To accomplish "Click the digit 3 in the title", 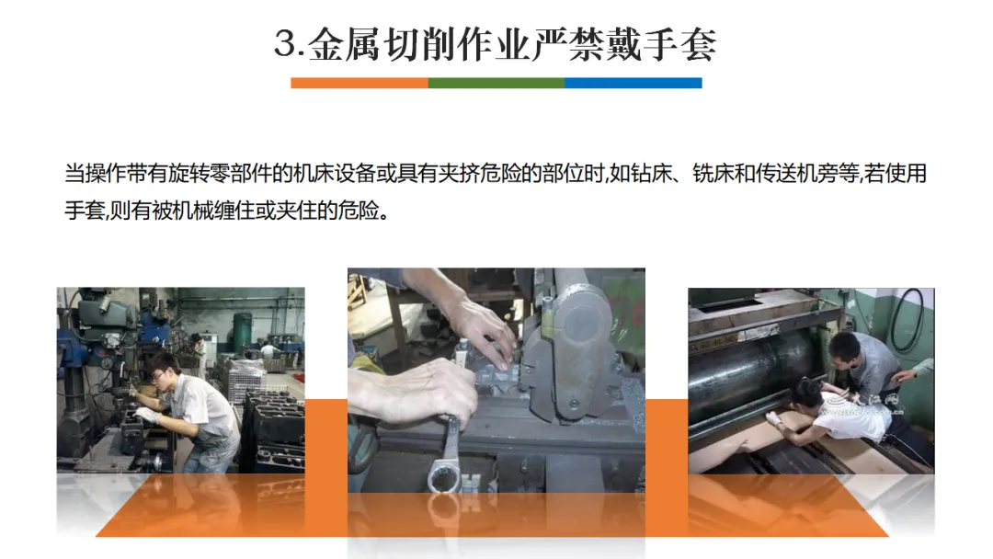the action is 285,44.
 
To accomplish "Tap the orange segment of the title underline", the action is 360,83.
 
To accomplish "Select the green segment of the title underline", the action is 496,83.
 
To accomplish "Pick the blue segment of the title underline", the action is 633,83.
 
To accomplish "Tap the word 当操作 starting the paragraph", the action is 95,174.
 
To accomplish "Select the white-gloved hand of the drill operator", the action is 146,416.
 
